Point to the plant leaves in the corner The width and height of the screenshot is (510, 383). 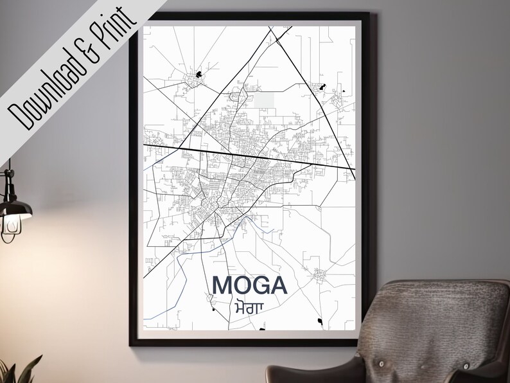point(19,371)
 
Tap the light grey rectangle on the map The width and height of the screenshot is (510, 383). point(265,100)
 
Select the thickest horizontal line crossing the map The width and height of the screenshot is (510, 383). point(251,154)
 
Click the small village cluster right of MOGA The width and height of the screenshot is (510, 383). point(320,276)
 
